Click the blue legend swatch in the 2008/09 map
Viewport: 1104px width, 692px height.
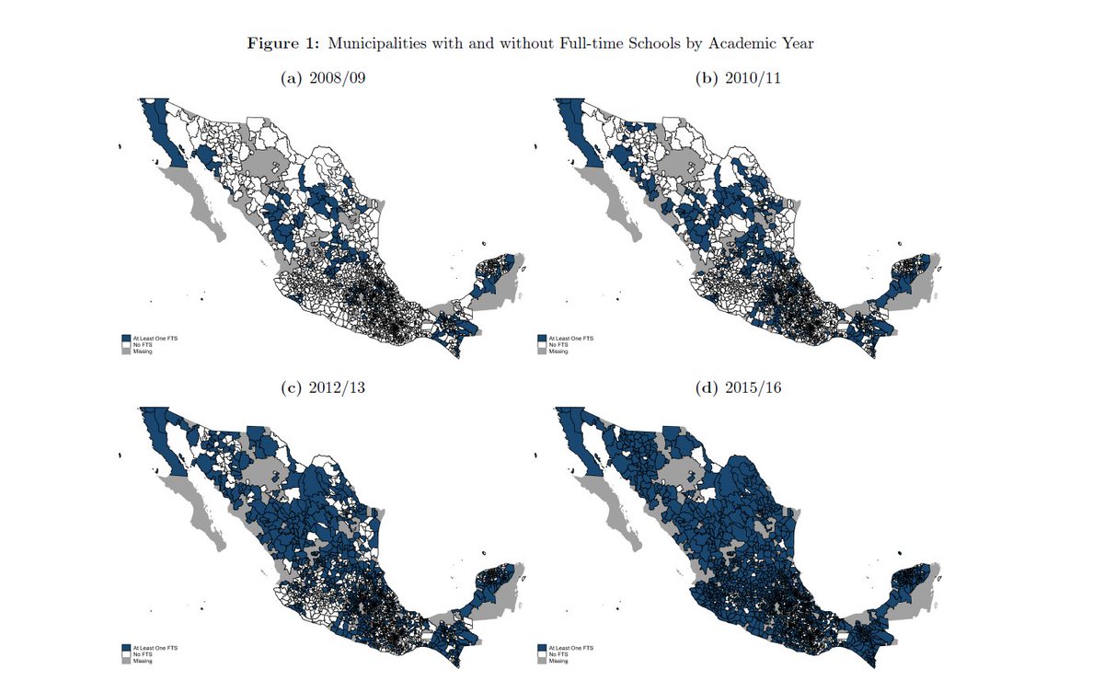[126, 339]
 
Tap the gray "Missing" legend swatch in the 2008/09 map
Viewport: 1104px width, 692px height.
[126, 352]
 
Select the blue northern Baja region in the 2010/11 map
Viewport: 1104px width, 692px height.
[569, 129]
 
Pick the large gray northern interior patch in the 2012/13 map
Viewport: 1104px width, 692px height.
[274, 473]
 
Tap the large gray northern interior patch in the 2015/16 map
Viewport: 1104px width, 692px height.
[690, 473]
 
